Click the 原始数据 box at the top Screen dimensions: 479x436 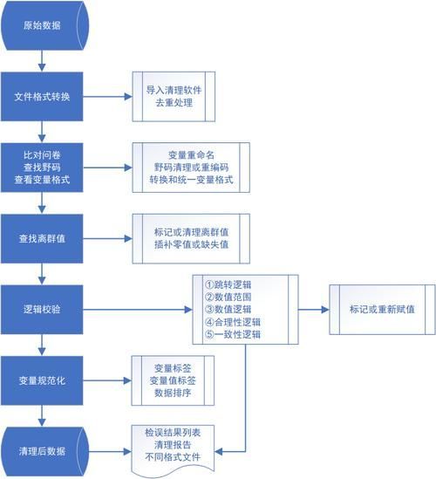coord(43,24)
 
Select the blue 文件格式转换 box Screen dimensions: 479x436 coord(43,95)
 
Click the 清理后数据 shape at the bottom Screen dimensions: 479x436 coord(43,450)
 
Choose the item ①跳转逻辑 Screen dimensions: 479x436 coord(231,284)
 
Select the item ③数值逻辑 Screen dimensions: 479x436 coord(231,309)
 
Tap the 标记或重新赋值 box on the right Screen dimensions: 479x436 coord(381,309)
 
